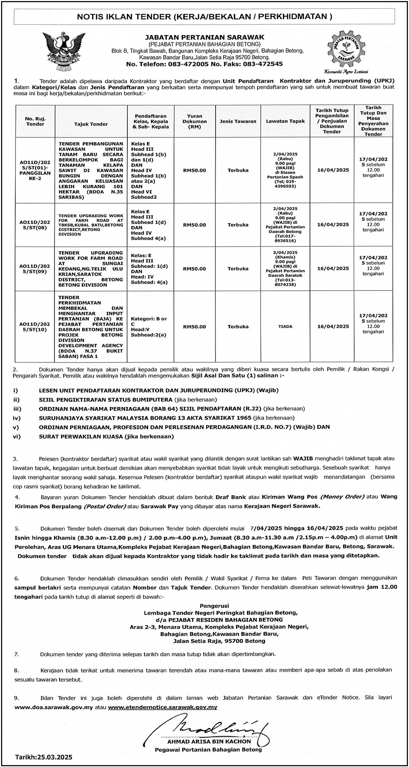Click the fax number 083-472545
263,64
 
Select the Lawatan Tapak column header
285,121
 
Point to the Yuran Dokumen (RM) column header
194,121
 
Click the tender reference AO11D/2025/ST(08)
35,225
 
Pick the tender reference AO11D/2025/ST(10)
35,327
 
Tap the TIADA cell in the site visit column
285,327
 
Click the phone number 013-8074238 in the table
285,282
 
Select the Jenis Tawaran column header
238,121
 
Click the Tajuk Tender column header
91,124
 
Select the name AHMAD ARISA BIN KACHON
209,741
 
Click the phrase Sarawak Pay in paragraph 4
159,506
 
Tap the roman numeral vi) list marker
17,436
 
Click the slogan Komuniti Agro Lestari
346,71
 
